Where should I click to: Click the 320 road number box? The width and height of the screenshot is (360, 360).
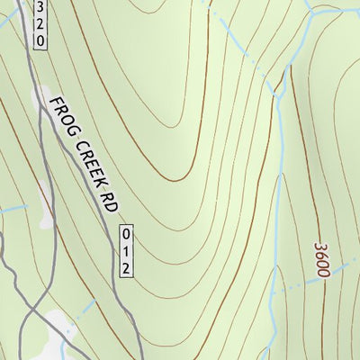pos(40,24)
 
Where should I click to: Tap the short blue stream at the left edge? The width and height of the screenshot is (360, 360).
pos(11,209)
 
